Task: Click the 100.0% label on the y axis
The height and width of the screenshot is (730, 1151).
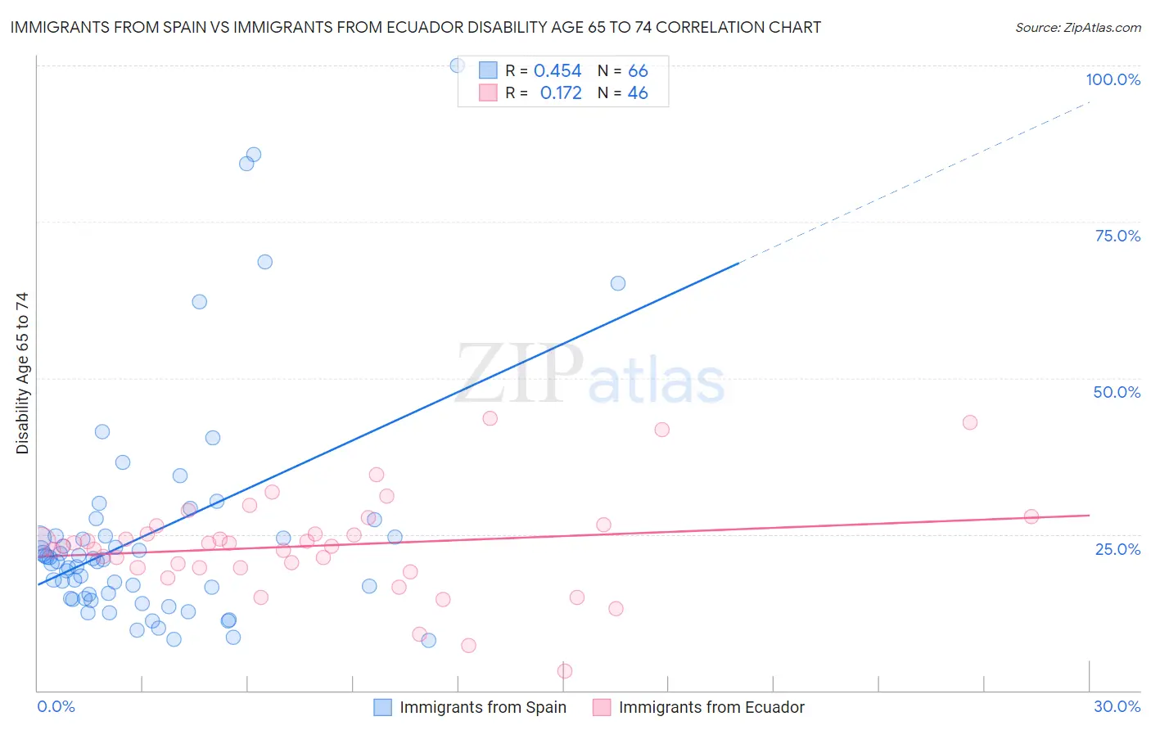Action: pos(1113,79)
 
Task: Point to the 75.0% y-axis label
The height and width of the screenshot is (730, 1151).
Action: pos(1117,236)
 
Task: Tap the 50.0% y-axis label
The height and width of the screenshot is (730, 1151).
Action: pos(1117,392)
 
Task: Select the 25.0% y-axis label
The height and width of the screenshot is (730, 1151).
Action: pos(1117,549)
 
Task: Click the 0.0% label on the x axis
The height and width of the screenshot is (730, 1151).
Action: pos(56,706)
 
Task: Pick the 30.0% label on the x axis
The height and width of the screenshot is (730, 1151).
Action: pos(1117,706)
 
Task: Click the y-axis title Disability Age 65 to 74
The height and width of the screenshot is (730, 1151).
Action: pos(22,373)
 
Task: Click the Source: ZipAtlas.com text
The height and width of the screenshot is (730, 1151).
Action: pos(1077,28)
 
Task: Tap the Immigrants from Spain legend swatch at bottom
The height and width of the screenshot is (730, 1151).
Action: pos(382,707)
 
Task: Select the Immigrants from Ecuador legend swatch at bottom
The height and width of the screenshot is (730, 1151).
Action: pos(602,707)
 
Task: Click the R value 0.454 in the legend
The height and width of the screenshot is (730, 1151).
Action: pos(557,71)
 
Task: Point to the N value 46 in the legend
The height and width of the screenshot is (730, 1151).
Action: pos(638,93)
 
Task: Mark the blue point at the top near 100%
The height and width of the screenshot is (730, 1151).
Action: pos(458,65)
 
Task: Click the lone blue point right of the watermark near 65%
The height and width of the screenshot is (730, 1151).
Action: pos(618,283)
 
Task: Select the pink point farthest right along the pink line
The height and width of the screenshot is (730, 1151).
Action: pos(1031,516)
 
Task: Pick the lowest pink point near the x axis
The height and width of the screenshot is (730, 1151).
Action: pos(565,671)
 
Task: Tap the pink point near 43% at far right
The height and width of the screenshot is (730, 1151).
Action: pos(970,422)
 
